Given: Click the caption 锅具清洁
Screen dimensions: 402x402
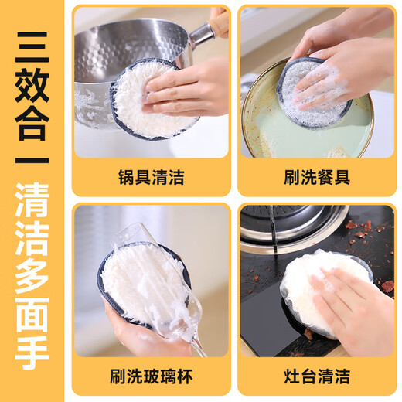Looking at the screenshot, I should [x=151, y=177].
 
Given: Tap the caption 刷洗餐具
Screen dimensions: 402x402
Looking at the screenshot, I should [x=316, y=177].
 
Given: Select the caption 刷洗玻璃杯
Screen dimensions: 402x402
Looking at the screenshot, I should [x=151, y=377].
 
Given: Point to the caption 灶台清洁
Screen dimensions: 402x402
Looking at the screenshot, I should [x=316, y=377].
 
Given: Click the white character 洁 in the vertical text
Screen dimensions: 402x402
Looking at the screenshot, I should [x=32, y=245].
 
